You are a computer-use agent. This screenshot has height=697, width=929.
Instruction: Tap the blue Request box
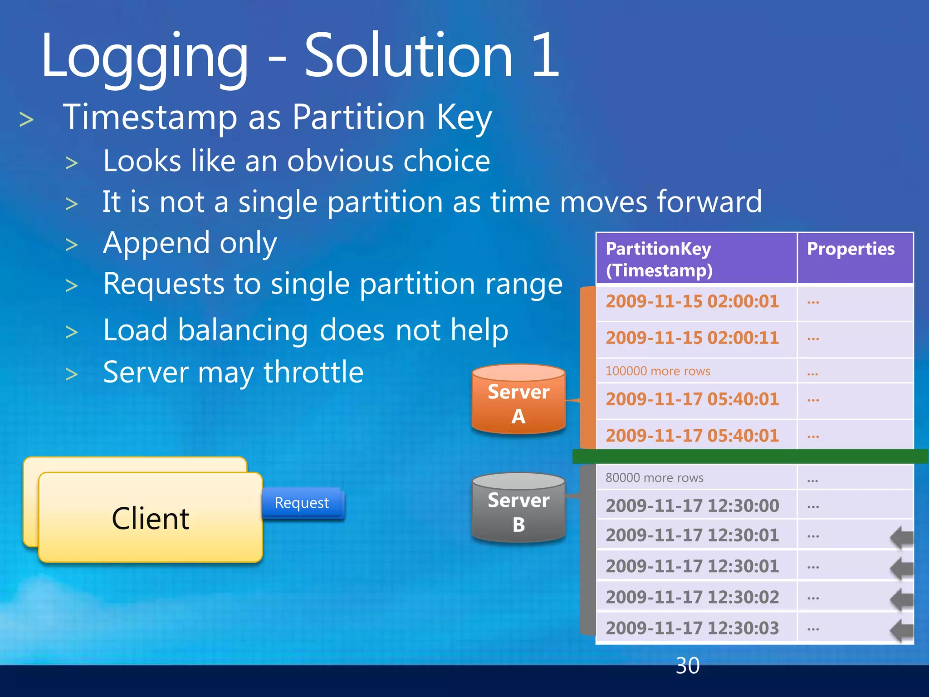(302, 503)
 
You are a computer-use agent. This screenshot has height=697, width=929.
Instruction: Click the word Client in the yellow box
(150, 519)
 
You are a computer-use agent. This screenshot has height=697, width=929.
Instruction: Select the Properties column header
(851, 249)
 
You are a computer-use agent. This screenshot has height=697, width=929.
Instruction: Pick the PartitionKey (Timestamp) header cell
(660, 259)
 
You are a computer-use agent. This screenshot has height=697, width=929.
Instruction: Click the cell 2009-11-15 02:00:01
(692, 302)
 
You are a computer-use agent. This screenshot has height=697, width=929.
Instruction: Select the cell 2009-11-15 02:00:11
(692, 338)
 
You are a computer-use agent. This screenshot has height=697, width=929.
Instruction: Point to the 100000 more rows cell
(658, 371)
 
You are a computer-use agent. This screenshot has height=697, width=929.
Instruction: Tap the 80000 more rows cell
(655, 478)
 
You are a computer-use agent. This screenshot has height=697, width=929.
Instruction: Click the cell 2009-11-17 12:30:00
(692, 506)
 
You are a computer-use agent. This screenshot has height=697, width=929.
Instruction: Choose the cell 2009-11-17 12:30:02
(692, 598)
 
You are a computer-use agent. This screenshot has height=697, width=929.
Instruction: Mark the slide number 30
(687, 666)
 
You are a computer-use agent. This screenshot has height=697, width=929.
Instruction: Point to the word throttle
(313, 373)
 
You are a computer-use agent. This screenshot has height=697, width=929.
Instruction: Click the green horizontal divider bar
(748, 456)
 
